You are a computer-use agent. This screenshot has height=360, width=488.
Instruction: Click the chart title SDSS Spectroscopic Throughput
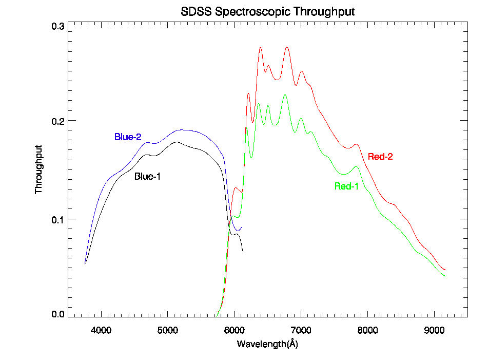(267, 11)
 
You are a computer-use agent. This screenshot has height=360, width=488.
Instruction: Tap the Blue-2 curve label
(127, 137)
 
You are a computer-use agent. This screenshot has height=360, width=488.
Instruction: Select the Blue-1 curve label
(148, 177)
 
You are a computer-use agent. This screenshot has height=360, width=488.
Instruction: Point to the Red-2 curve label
(380, 157)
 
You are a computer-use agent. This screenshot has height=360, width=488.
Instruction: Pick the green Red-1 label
(346, 186)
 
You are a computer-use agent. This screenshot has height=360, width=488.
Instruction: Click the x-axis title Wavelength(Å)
(267, 344)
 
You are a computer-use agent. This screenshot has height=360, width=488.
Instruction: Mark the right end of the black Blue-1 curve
(242, 251)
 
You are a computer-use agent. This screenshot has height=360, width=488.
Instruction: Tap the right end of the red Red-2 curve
(445, 270)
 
